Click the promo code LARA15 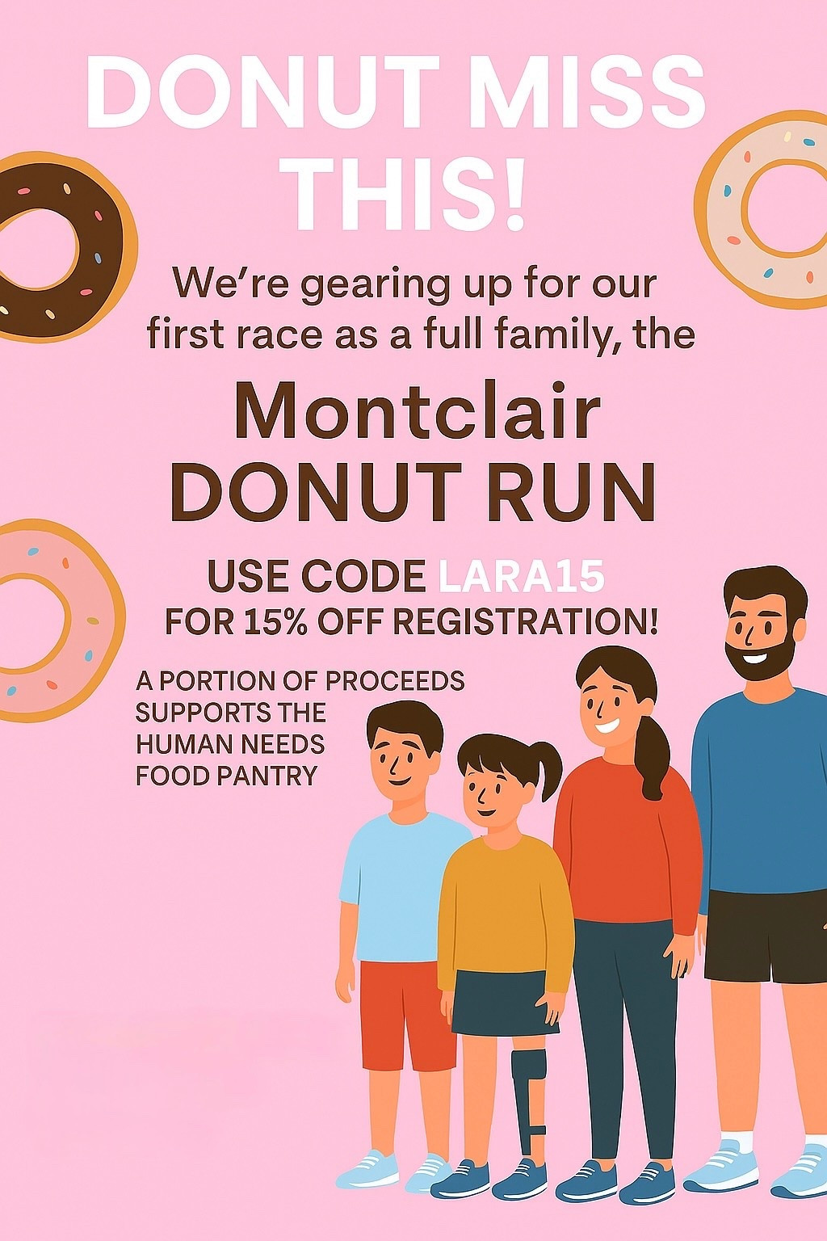(x=521, y=577)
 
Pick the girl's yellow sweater (x=505, y=905)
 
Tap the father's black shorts (x=763, y=937)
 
